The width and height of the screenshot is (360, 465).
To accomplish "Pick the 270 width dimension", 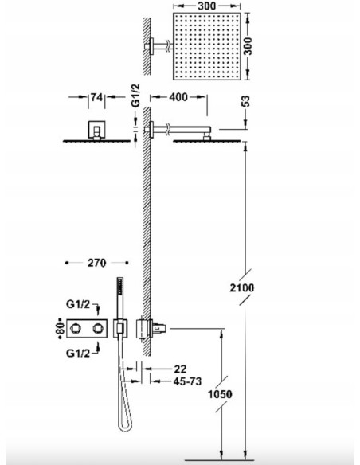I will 96,260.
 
